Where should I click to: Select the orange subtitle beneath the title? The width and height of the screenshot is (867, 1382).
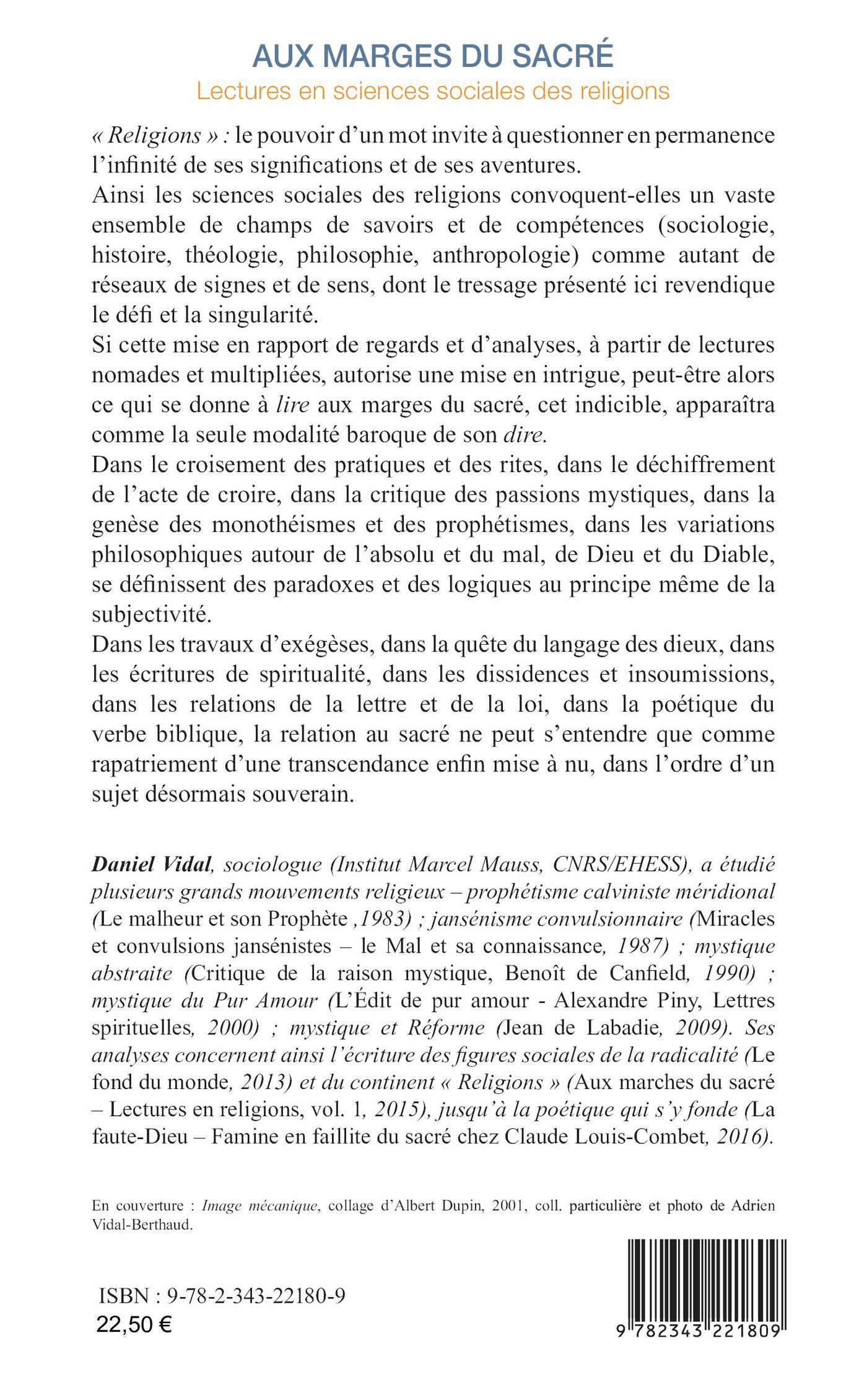point(433,91)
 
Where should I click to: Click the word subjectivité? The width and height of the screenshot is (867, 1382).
point(147,614)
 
